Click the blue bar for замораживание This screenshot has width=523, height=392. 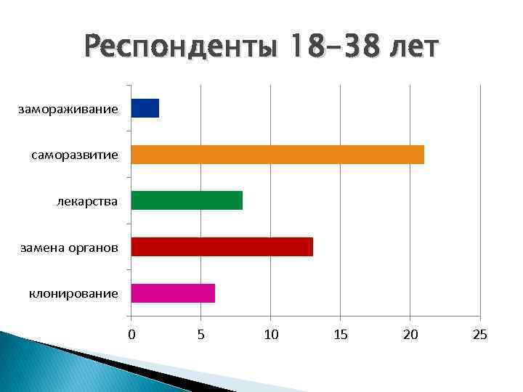pyautogui.click(x=145, y=108)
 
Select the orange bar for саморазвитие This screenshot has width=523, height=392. pyautogui.click(x=277, y=155)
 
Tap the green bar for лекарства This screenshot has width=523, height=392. pyautogui.click(x=187, y=200)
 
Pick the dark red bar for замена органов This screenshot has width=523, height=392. pyautogui.click(x=222, y=247)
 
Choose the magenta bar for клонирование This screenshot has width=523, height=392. pyautogui.click(x=173, y=293)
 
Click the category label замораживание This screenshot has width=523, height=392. pyautogui.click(x=69, y=109)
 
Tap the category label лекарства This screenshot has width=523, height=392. pyautogui.click(x=87, y=201)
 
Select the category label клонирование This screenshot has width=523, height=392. pyautogui.click(x=73, y=293)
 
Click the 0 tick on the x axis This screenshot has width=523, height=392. pyautogui.click(x=131, y=335)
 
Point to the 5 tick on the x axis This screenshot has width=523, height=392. pyautogui.click(x=201, y=335)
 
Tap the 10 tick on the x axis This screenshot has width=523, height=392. pyautogui.click(x=271, y=335)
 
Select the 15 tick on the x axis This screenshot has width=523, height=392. pyautogui.click(x=341, y=335)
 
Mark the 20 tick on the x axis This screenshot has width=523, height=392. pyautogui.click(x=410, y=335)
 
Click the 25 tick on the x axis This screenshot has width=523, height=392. pyautogui.click(x=480, y=335)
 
